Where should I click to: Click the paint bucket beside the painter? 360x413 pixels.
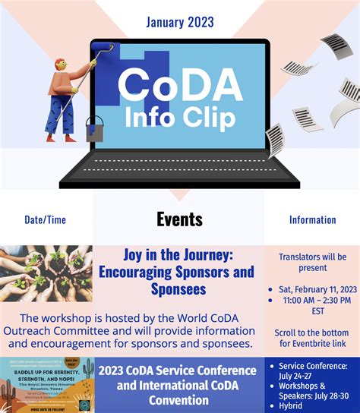[94, 129]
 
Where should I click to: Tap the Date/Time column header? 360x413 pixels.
[45, 220]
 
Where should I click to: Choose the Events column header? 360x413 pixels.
[179, 219]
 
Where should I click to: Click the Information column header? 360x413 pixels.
[312, 220]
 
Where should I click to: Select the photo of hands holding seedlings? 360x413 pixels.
[46, 273]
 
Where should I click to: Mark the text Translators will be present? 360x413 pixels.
[312, 262]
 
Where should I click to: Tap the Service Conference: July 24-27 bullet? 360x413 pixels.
[316, 371]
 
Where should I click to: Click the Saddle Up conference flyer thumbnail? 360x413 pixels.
[46, 386]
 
